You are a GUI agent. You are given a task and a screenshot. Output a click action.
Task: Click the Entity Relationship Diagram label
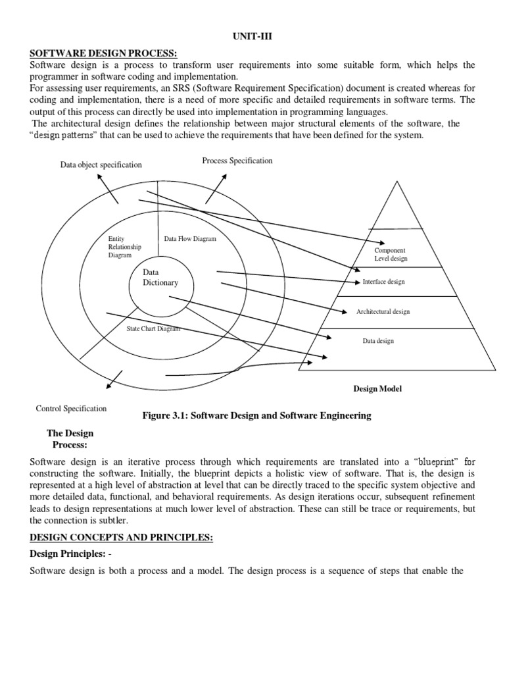click(124, 247)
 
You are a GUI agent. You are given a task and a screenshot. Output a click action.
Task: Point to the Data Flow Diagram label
click(189, 239)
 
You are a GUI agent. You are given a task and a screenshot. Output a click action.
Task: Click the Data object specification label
click(101, 165)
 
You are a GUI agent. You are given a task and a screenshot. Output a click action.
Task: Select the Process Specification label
click(237, 161)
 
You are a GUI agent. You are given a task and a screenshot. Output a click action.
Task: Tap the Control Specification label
click(71, 409)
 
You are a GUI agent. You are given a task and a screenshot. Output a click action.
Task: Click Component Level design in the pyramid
click(391, 255)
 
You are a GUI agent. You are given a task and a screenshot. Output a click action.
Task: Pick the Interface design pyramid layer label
click(384, 282)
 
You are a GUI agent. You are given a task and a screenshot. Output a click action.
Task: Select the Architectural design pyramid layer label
click(383, 311)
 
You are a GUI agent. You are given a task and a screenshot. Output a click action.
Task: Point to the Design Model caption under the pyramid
click(377, 389)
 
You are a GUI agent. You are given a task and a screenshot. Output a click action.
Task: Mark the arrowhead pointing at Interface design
click(357, 281)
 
